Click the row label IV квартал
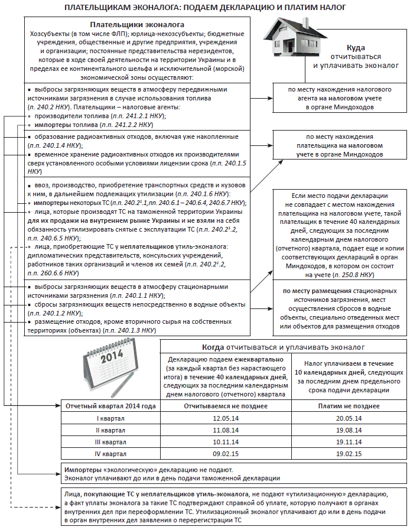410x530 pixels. [110, 454]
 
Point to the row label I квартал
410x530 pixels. [110, 418]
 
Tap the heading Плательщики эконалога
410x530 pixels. [136, 25]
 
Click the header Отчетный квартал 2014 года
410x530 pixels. [110, 407]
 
